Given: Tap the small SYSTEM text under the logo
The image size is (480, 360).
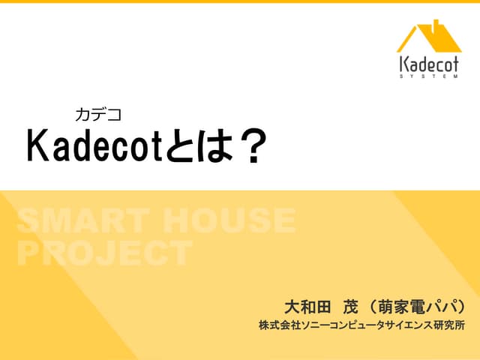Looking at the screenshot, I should tap(429, 76).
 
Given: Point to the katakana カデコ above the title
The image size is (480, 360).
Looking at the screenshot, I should tap(97, 115).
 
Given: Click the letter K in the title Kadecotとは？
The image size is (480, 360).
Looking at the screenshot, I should tap(37, 146).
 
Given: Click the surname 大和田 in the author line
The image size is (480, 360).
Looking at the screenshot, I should tap(308, 307).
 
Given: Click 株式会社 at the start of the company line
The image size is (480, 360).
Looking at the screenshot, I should tap(274, 326).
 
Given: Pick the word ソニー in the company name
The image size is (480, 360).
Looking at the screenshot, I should tap(305, 326).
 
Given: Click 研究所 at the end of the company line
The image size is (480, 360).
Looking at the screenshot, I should tap(451, 326).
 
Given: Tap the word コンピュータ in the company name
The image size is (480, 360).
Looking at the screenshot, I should tap(346, 326).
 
